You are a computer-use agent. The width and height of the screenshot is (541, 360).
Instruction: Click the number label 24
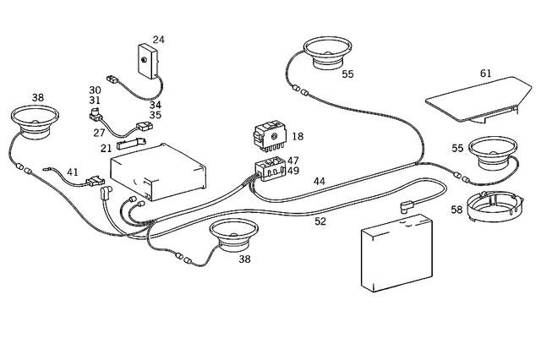coord(158,40)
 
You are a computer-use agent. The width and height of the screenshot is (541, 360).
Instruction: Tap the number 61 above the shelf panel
coord(486,74)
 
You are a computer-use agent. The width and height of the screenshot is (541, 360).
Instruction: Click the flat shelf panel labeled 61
coord(473,98)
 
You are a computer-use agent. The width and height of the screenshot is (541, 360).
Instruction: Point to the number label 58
coord(456,209)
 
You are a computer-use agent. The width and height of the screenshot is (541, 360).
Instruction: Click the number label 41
coord(73,172)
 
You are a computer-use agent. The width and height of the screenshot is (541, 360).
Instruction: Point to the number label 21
coord(107,148)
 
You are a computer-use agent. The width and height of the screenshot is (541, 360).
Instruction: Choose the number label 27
coord(100,133)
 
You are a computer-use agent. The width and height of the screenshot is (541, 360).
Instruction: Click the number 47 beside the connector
coord(292,160)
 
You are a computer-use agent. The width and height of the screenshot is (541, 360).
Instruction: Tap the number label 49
coord(292,170)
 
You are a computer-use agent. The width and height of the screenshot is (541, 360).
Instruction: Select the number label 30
coord(95,90)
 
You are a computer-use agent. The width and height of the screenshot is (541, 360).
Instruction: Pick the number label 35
coord(156,115)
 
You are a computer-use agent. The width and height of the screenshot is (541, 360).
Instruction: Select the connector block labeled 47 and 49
coord(269,168)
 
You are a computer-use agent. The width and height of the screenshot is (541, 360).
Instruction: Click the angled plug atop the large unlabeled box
coord(407,203)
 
